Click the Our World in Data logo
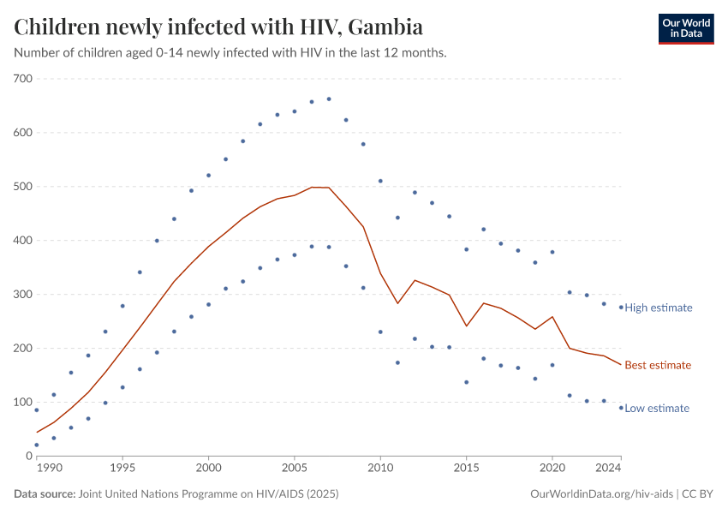pyautogui.click(x=685, y=29)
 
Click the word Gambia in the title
pyautogui.click(x=386, y=27)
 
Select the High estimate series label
pyautogui.click(x=658, y=308)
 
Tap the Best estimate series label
pyautogui.click(x=657, y=365)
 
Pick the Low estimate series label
pyautogui.click(x=656, y=409)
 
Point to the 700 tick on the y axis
pyautogui.click(x=22, y=79)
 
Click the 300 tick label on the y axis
pyautogui.click(x=22, y=295)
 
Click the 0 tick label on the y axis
pyautogui.click(x=28, y=456)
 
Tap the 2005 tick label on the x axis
pyautogui.click(x=294, y=469)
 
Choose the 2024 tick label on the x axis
pyautogui.click(x=608, y=469)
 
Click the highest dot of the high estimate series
pyautogui.click(x=329, y=99)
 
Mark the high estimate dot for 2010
pyautogui.click(x=380, y=181)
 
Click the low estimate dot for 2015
pyautogui.click(x=466, y=382)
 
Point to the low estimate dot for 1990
pyautogui.click(x=36, y=445)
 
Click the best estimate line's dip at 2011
pyautogui.click(x=397, y=303)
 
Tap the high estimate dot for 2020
pyautogui.click(x=552, y=252)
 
